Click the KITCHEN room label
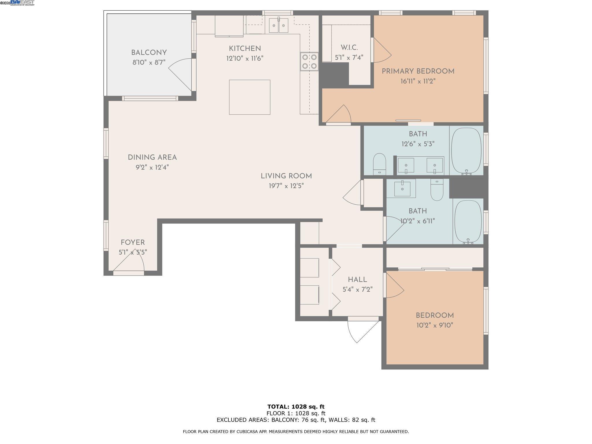pyautogui.click(x=245, y=49)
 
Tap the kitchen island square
pyautogui.click(x=249, y=97)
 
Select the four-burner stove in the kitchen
pyautogui.click(x=309, y=61)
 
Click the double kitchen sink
pyautogui.click(x=279, y=25)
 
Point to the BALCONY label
pyautogui.click(x=149, y=53)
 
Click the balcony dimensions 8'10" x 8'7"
pyautogui.click(x=149, y=62)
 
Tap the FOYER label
pyautogui.click(x=133, y=243)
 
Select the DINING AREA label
pyautogui.click(x=152, y=158)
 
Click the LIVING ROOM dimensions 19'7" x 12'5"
pyautogui.click(x=286, y=186)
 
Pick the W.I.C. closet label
pyautogui.click(x=349, y=48)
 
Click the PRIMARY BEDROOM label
pyautogui.click(x=418, y=71)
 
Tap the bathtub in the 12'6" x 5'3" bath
pyautogui.click(x=466, y=150)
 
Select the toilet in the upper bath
pyautogui.click(x=380, y=164)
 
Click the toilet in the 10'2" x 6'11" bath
pyautogui.click(x=437, y=189)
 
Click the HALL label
pyautogui.click(x=358, y=280)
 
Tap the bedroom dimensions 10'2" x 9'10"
pyautogui.click(x=435, y=325)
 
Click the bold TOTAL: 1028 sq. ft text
pyautogui.click(x=296, y=407)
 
